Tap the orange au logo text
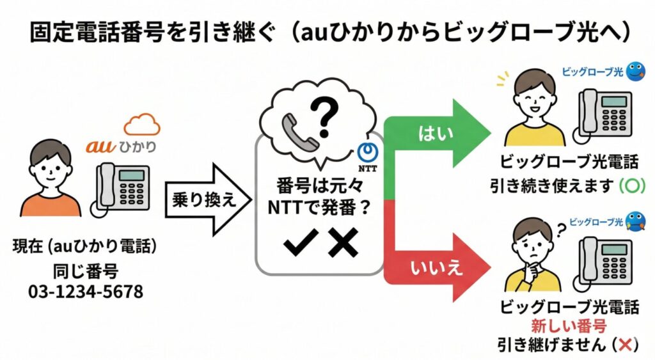coord(100,146)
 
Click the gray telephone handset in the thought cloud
coord(296,130)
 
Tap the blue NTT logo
coord(367,153)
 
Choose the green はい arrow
coord(435,132)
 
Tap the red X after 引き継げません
coord(626,345)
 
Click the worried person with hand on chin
coord(532,256)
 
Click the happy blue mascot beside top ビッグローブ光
coord(635,71)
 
